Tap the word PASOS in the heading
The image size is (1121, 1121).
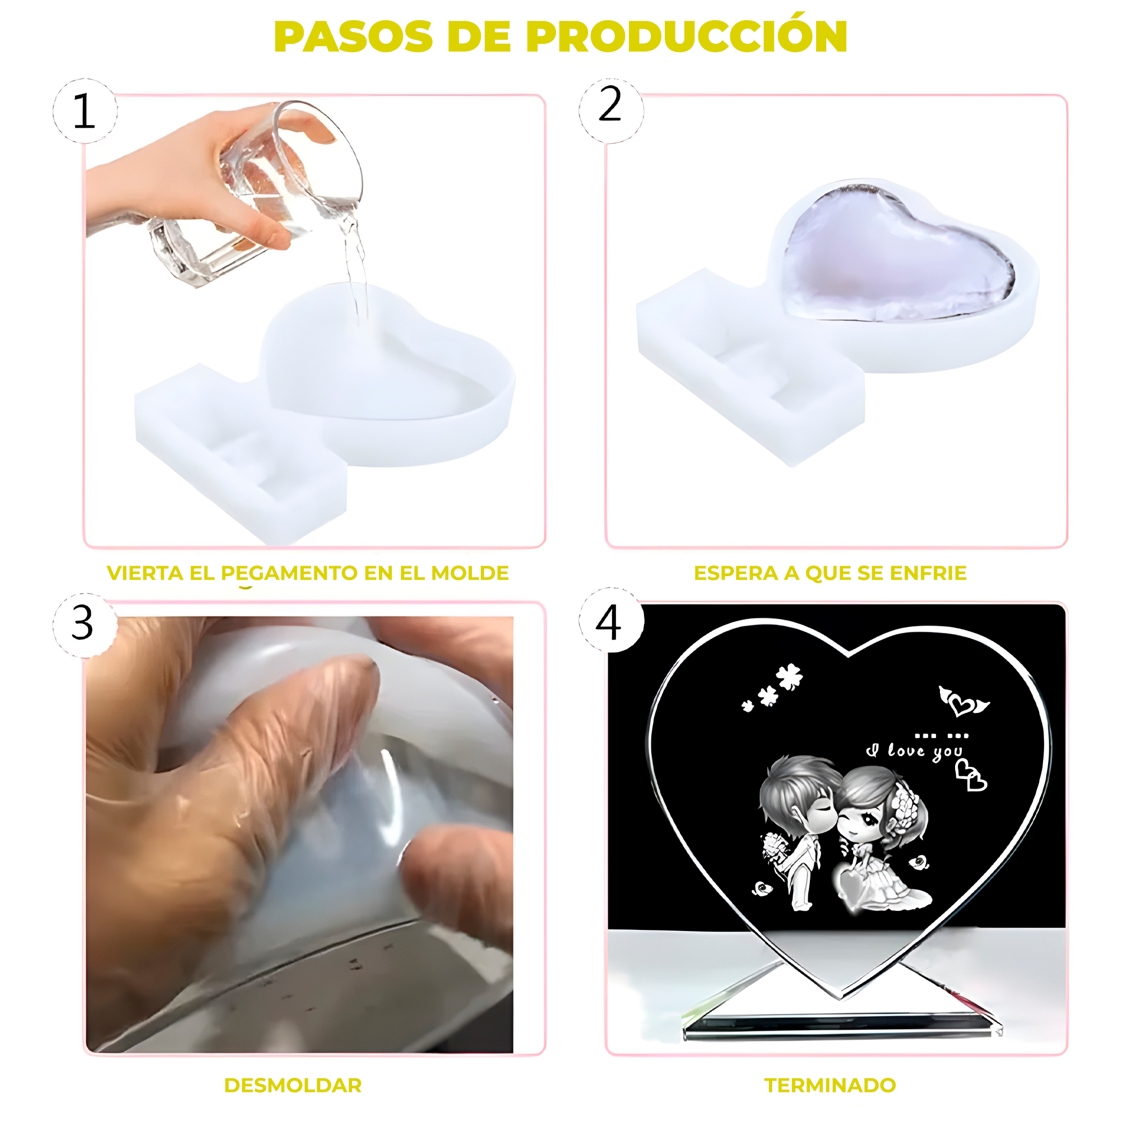[353, 36]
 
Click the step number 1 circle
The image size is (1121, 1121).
[85, 111]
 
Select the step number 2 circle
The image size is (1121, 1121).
[611, 110]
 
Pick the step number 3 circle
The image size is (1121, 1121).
[85, 625]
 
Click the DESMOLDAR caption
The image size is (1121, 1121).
[293, 1085]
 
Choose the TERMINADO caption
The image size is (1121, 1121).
[830, 1085]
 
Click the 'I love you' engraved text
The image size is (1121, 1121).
[914, 752]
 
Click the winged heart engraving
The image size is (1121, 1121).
[963, 703]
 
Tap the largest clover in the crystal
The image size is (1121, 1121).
[790, 677]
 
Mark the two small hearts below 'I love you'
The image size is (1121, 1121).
[971, 776]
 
